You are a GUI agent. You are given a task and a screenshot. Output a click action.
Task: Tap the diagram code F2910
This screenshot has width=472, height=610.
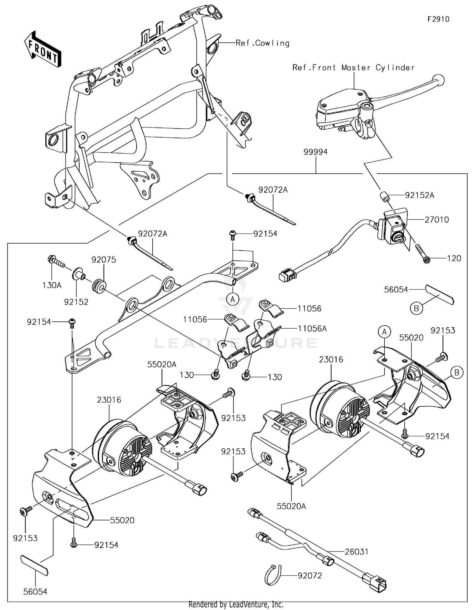[x=438, y=19]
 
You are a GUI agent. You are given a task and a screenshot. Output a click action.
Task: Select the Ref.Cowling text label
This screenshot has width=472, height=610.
[x=262, y=43]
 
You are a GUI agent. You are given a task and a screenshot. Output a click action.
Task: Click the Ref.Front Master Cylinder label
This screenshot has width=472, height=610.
[x=353, y=68]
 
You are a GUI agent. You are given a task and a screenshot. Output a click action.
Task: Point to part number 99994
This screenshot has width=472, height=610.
[x=315, y=152]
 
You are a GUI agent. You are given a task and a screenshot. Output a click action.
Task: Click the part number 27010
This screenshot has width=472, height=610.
[x=436, y=220]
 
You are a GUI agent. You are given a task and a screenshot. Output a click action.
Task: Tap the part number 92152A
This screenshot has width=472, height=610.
[x=419, y=195]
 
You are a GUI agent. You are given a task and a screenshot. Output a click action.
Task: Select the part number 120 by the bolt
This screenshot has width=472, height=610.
[x=454, y=258]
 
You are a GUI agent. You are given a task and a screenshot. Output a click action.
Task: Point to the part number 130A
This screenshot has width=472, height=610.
[x=52, y=285]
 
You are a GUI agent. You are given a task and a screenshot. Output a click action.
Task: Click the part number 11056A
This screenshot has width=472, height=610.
[x=312, y=329]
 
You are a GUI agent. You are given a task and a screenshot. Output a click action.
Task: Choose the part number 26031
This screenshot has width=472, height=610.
[x=357, y=552]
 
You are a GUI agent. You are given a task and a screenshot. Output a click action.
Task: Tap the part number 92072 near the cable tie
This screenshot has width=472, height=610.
[x=310, y=576]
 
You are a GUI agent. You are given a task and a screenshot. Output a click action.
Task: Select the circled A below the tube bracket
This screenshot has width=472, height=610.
[x=233, y=299]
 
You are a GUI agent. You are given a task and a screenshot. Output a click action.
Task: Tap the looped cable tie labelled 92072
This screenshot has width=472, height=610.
[x=273, y=575]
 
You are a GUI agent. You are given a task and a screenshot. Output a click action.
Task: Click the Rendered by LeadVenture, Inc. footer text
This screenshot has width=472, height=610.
[x=236, y=604]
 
